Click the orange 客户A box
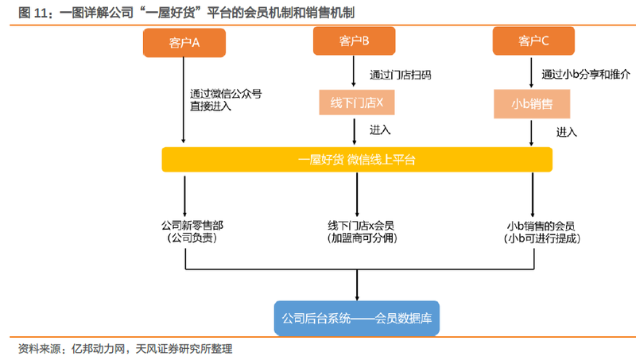click(x=184, y=43)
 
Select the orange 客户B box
click(x=354, y=41)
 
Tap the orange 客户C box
click(x=533, y=41)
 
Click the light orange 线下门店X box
click(x=356, y=103)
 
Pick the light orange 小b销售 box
click(x=532, y=104)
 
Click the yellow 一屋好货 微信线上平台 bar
click(x=357, y=160)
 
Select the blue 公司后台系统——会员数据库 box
click(x=357, y=318)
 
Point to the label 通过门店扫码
click(x=401, y=75)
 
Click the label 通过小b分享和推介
click(x=586, y=74)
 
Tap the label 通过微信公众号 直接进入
click(x=226, y=100)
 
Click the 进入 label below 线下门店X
click(x=380, y=130)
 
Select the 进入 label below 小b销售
click(x=566, y=132)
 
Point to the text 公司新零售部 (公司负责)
click(x=192, y=231)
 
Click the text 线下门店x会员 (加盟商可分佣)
click(x=362, y=231)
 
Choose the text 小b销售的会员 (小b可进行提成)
click(x=541, y=232)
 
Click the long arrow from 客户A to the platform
click(x=184, y=100)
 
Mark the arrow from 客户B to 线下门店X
click(x=354, y=72)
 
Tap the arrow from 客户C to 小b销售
click(x=531, y=72)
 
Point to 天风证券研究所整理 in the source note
click(x=184, y=349)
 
